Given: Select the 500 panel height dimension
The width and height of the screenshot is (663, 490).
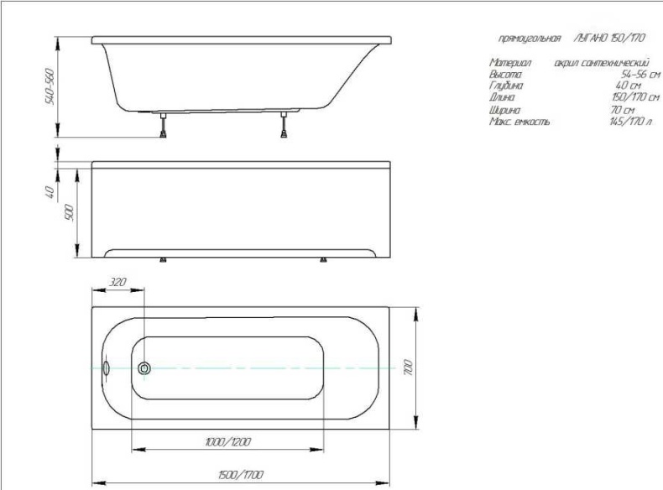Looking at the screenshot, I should click(x=70, y=212).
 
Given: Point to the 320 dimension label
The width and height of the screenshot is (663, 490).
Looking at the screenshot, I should click(x=117, y=283).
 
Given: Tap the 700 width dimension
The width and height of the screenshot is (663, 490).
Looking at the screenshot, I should click(x=407, y=367).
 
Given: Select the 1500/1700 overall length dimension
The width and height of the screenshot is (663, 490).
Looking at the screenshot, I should click(x=239, y=475).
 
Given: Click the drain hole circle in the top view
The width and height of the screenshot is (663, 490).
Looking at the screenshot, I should click(x=144, y=367).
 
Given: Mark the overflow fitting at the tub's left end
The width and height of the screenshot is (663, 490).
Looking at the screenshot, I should click(x=106, y=367).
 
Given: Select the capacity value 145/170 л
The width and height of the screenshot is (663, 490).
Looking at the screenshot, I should click(x=628, y=122).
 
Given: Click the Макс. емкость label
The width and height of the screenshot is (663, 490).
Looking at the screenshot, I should click(x=519, y=122).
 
